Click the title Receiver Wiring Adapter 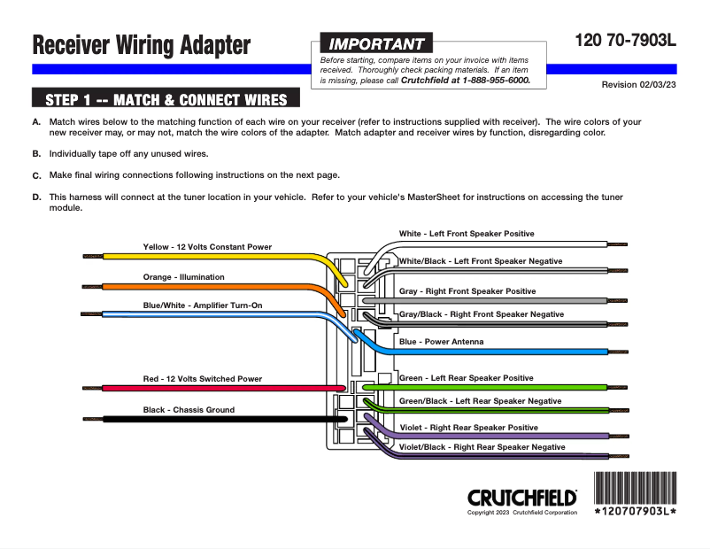142,45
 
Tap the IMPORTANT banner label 376,44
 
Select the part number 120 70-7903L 625,40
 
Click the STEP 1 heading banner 166,98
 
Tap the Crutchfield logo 521,498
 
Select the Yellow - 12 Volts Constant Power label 207,246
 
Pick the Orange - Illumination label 184,277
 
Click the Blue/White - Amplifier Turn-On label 203,305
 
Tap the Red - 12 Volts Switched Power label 203,379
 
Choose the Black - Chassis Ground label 189,410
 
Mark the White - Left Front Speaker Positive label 467,234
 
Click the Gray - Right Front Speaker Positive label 467,291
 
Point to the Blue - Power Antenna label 442,342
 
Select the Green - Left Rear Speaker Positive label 467,378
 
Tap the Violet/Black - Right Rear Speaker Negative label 482,447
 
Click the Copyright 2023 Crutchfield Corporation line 522,513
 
